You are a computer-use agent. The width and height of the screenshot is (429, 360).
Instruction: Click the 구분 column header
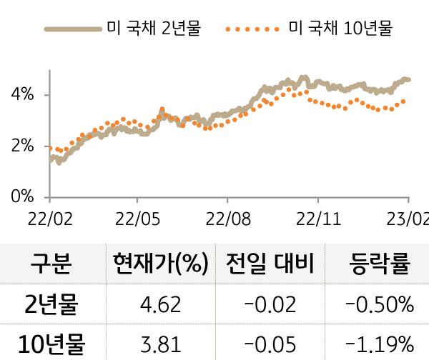click(x=51, y=265)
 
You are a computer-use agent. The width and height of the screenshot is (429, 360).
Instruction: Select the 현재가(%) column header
click(x=159, y=265)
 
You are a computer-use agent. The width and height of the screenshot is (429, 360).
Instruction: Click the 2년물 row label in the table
click(x=51, y=306)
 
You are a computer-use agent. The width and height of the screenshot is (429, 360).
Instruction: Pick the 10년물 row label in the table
click(x=51, y=344)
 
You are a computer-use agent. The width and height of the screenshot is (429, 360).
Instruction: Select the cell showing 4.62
click(x=159, y=306)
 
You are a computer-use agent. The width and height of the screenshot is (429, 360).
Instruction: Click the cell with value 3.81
click(x=159, y=344)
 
